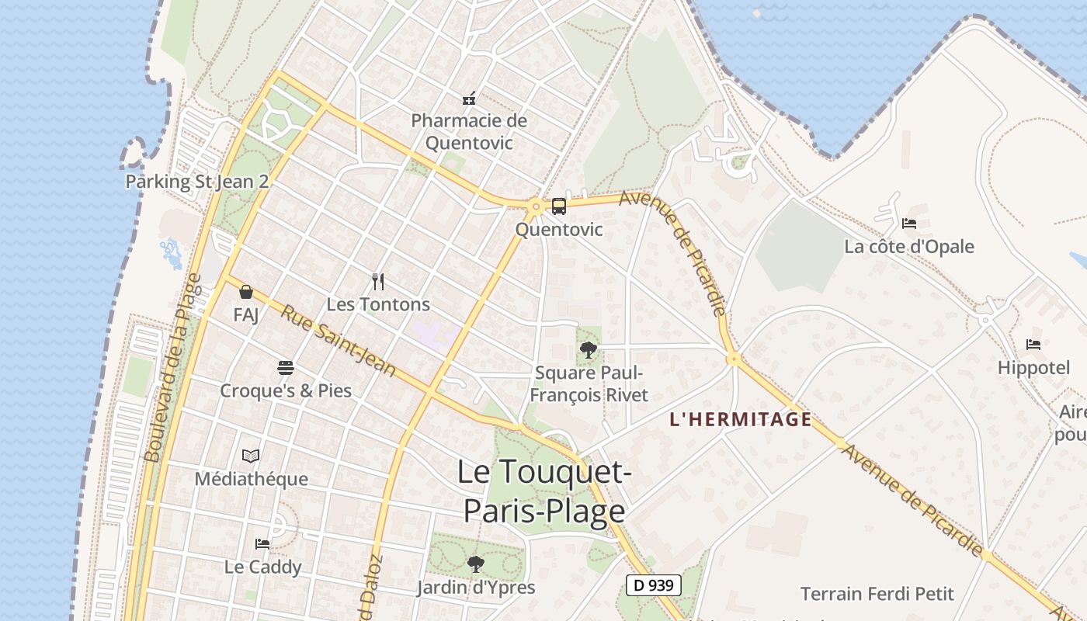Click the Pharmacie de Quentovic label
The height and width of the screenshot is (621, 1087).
coord(469,132)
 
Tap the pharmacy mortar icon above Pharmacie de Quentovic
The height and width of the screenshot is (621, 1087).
coord(469,99)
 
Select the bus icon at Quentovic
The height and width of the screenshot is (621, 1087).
coord(559,206)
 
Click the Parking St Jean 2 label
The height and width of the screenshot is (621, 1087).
coord(197,182)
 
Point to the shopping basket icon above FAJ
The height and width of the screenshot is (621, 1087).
coord(246,292)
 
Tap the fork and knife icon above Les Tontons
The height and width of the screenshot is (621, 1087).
coord(378,281)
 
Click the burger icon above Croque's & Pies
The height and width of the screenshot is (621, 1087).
coord(286,367)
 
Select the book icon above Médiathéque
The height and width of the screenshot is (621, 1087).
coord(251,456)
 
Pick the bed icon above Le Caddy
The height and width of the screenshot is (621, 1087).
coord(262,544)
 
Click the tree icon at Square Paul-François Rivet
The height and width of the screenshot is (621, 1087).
coord(589,349)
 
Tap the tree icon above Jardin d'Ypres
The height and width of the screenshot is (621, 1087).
coord(476,564)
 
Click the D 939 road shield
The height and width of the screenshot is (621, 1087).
coord(654,585)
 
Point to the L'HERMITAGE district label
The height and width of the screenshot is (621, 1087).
coord(741,420)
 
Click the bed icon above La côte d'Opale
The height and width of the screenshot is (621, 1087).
coord(909,224)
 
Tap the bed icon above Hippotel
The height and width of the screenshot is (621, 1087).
coord(1033,344)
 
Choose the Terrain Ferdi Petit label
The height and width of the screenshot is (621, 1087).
coord(877,595)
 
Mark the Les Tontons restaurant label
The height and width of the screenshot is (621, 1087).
coord(378,304)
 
